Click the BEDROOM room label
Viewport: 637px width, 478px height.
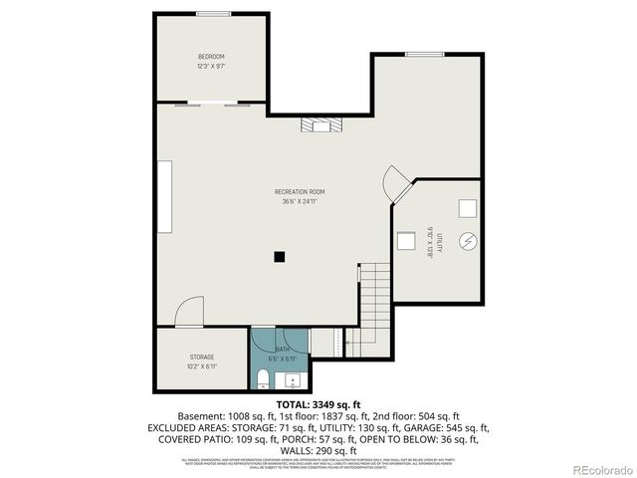tap(211, 56)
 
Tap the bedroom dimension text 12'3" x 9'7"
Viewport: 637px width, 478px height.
tap(211, 67)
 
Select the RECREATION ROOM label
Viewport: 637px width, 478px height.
tap(300, 191)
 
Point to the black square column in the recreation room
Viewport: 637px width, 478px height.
tap(281, 256)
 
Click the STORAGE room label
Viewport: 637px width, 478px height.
tap(202, 357)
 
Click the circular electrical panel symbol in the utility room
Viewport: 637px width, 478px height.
tap(468, 241)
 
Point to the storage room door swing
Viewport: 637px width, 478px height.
tap(189, 314)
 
